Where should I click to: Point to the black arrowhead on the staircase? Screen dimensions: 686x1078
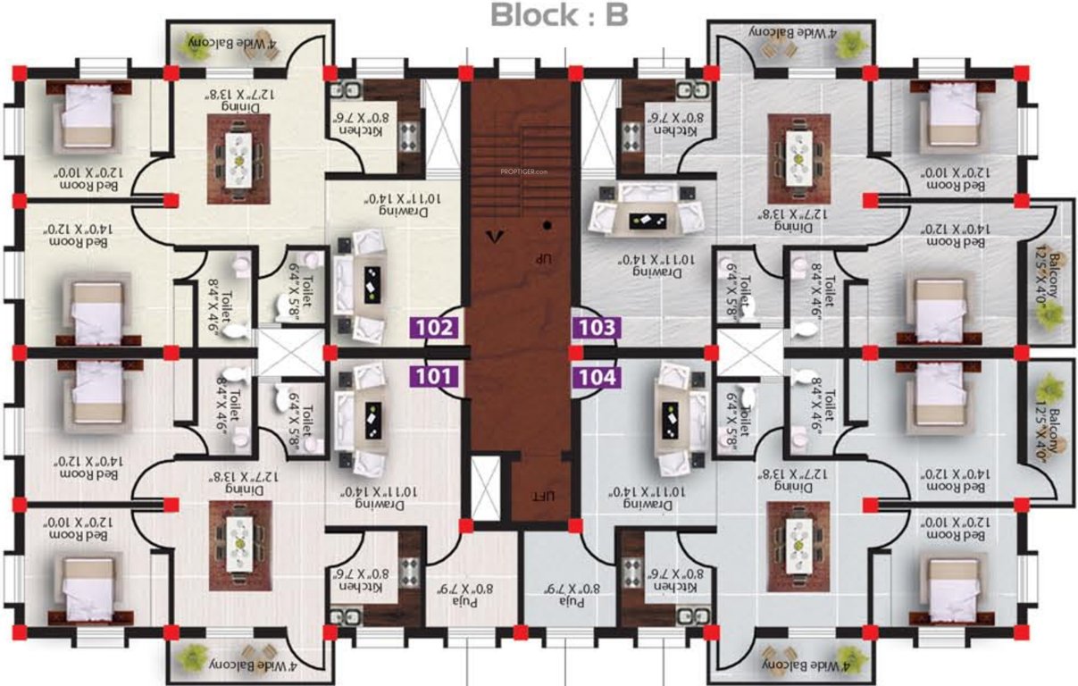point(490,237)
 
